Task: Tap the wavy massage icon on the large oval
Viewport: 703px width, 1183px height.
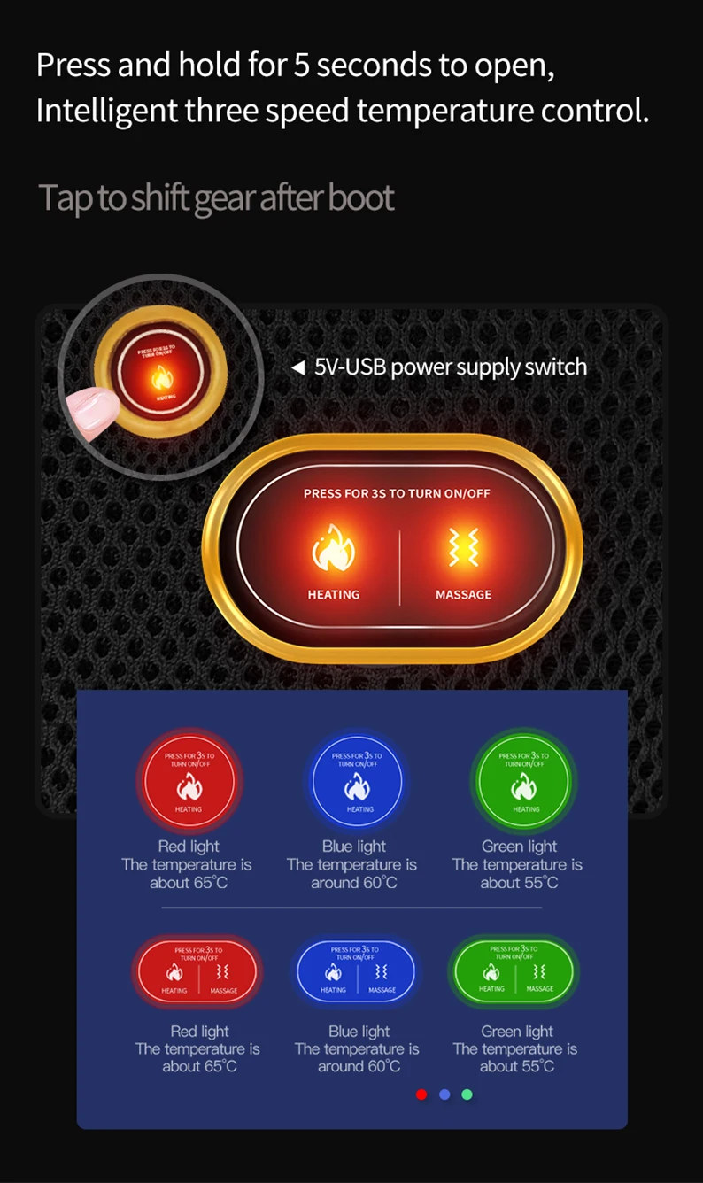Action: point(462,549)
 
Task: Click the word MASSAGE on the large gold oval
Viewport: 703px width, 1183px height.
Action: point(463,595)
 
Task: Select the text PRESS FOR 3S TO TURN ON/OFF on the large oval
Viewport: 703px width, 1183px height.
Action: point(397,493)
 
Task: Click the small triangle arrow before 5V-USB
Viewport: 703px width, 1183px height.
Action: point(298,367)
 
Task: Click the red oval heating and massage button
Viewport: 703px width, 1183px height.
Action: point(197,971)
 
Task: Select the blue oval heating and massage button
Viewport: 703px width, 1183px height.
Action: point(356,971)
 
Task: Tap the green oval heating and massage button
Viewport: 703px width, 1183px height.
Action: point(514,971)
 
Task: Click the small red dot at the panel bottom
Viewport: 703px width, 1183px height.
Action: point(421,1094)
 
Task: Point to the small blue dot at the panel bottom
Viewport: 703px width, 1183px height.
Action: point(444,1094)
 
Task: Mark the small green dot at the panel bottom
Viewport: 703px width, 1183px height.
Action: point(467,1094)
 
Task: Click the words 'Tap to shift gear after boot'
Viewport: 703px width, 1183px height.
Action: point(216,197)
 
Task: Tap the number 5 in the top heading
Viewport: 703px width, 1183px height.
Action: point(301,66)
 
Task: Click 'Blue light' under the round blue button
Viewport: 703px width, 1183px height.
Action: point(354,847)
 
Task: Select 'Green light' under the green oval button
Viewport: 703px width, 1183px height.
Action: point(517,1032)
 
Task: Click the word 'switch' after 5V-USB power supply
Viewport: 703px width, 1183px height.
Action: point(555,367)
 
